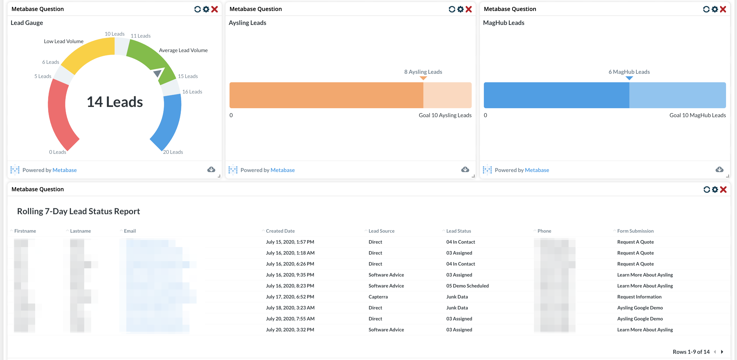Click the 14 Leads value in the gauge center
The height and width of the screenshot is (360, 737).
115,102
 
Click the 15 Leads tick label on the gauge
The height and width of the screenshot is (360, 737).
188,76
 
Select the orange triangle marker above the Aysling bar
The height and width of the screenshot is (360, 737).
423,78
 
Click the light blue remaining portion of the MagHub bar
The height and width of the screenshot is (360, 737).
677,95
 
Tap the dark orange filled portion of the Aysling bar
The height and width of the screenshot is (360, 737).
326,95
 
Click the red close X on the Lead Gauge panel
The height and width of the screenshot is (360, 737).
214,9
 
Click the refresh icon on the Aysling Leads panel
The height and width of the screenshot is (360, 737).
452,9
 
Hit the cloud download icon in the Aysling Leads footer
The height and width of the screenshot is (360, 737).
465,170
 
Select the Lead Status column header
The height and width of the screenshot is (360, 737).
458,231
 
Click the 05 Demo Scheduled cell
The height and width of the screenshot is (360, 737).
467,286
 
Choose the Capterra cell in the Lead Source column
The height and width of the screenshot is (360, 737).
378,297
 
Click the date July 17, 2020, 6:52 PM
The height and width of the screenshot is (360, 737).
290,297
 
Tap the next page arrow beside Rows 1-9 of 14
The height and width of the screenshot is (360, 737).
722,352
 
